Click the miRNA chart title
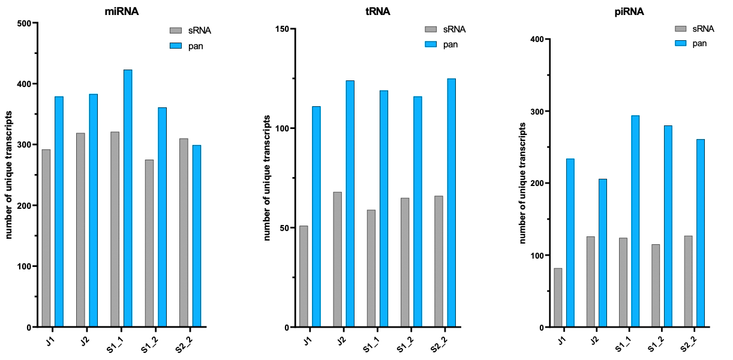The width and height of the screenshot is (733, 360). point(122,10)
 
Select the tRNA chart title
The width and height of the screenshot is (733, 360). point(377,10)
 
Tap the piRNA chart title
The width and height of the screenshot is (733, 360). point(629,10)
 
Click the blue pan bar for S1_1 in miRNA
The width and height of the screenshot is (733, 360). point(128,199)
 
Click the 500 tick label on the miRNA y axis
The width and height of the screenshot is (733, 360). point(23,23)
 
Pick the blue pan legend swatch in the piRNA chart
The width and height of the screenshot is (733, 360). point(682,43)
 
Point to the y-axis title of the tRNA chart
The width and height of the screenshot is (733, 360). point(266,179)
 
